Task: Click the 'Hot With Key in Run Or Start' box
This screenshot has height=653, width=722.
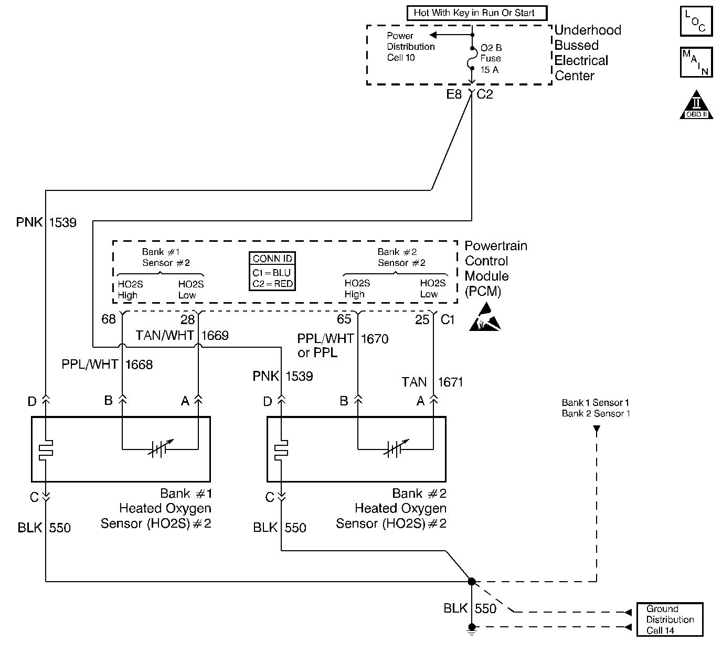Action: pyautogui.click(x=477, y=13)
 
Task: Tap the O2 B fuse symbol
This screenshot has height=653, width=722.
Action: pyautogui.click(x=472, y=58)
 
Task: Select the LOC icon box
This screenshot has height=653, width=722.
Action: pyautogui.click(x=696, y=21)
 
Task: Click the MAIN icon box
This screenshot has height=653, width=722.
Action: pyautogui.click(x=696, y=62)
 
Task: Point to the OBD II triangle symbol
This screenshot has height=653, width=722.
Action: pyautogui.click(x=696, y=105)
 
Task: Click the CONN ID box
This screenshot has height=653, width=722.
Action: pyautogui.click(x=272, y=271)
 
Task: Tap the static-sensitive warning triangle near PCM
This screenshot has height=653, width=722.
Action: pyautogui.click(x=485, y=317)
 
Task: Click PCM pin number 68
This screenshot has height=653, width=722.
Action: pyautogui.click(x=108, y=319)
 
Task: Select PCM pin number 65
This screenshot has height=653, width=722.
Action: pyautogui.click(x=344, y=319)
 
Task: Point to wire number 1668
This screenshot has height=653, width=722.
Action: pyautogui.click(x=139, y=365)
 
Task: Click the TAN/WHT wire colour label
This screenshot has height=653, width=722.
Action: pyautogui.click(x=164, y=335)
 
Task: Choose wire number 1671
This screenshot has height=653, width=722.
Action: pyautogui.click(x=450, y=382)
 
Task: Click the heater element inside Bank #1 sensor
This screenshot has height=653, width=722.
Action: pyautogui.click(x=46, y=449)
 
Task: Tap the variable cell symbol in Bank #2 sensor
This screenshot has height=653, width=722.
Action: pyautogui.click(x=396, y=448)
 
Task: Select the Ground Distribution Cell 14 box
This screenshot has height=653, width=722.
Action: pyautogui.click(x=670, y=619)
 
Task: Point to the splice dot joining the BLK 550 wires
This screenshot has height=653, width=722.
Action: pyautogui.click(x=472, y=581)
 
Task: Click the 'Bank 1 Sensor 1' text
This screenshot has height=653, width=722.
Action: pyautogui.click(x=596, y=403)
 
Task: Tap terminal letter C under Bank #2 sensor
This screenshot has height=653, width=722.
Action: pyautogui.click(x=270, y=497)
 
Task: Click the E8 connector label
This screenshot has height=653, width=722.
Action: pyautogui.click(x=454, y=94)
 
